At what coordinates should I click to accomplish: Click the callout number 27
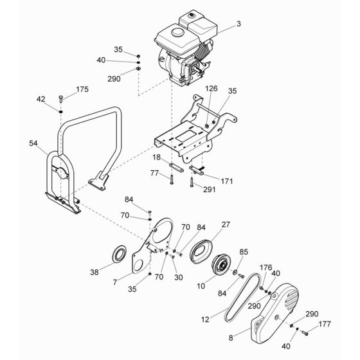tap(225, 225)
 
